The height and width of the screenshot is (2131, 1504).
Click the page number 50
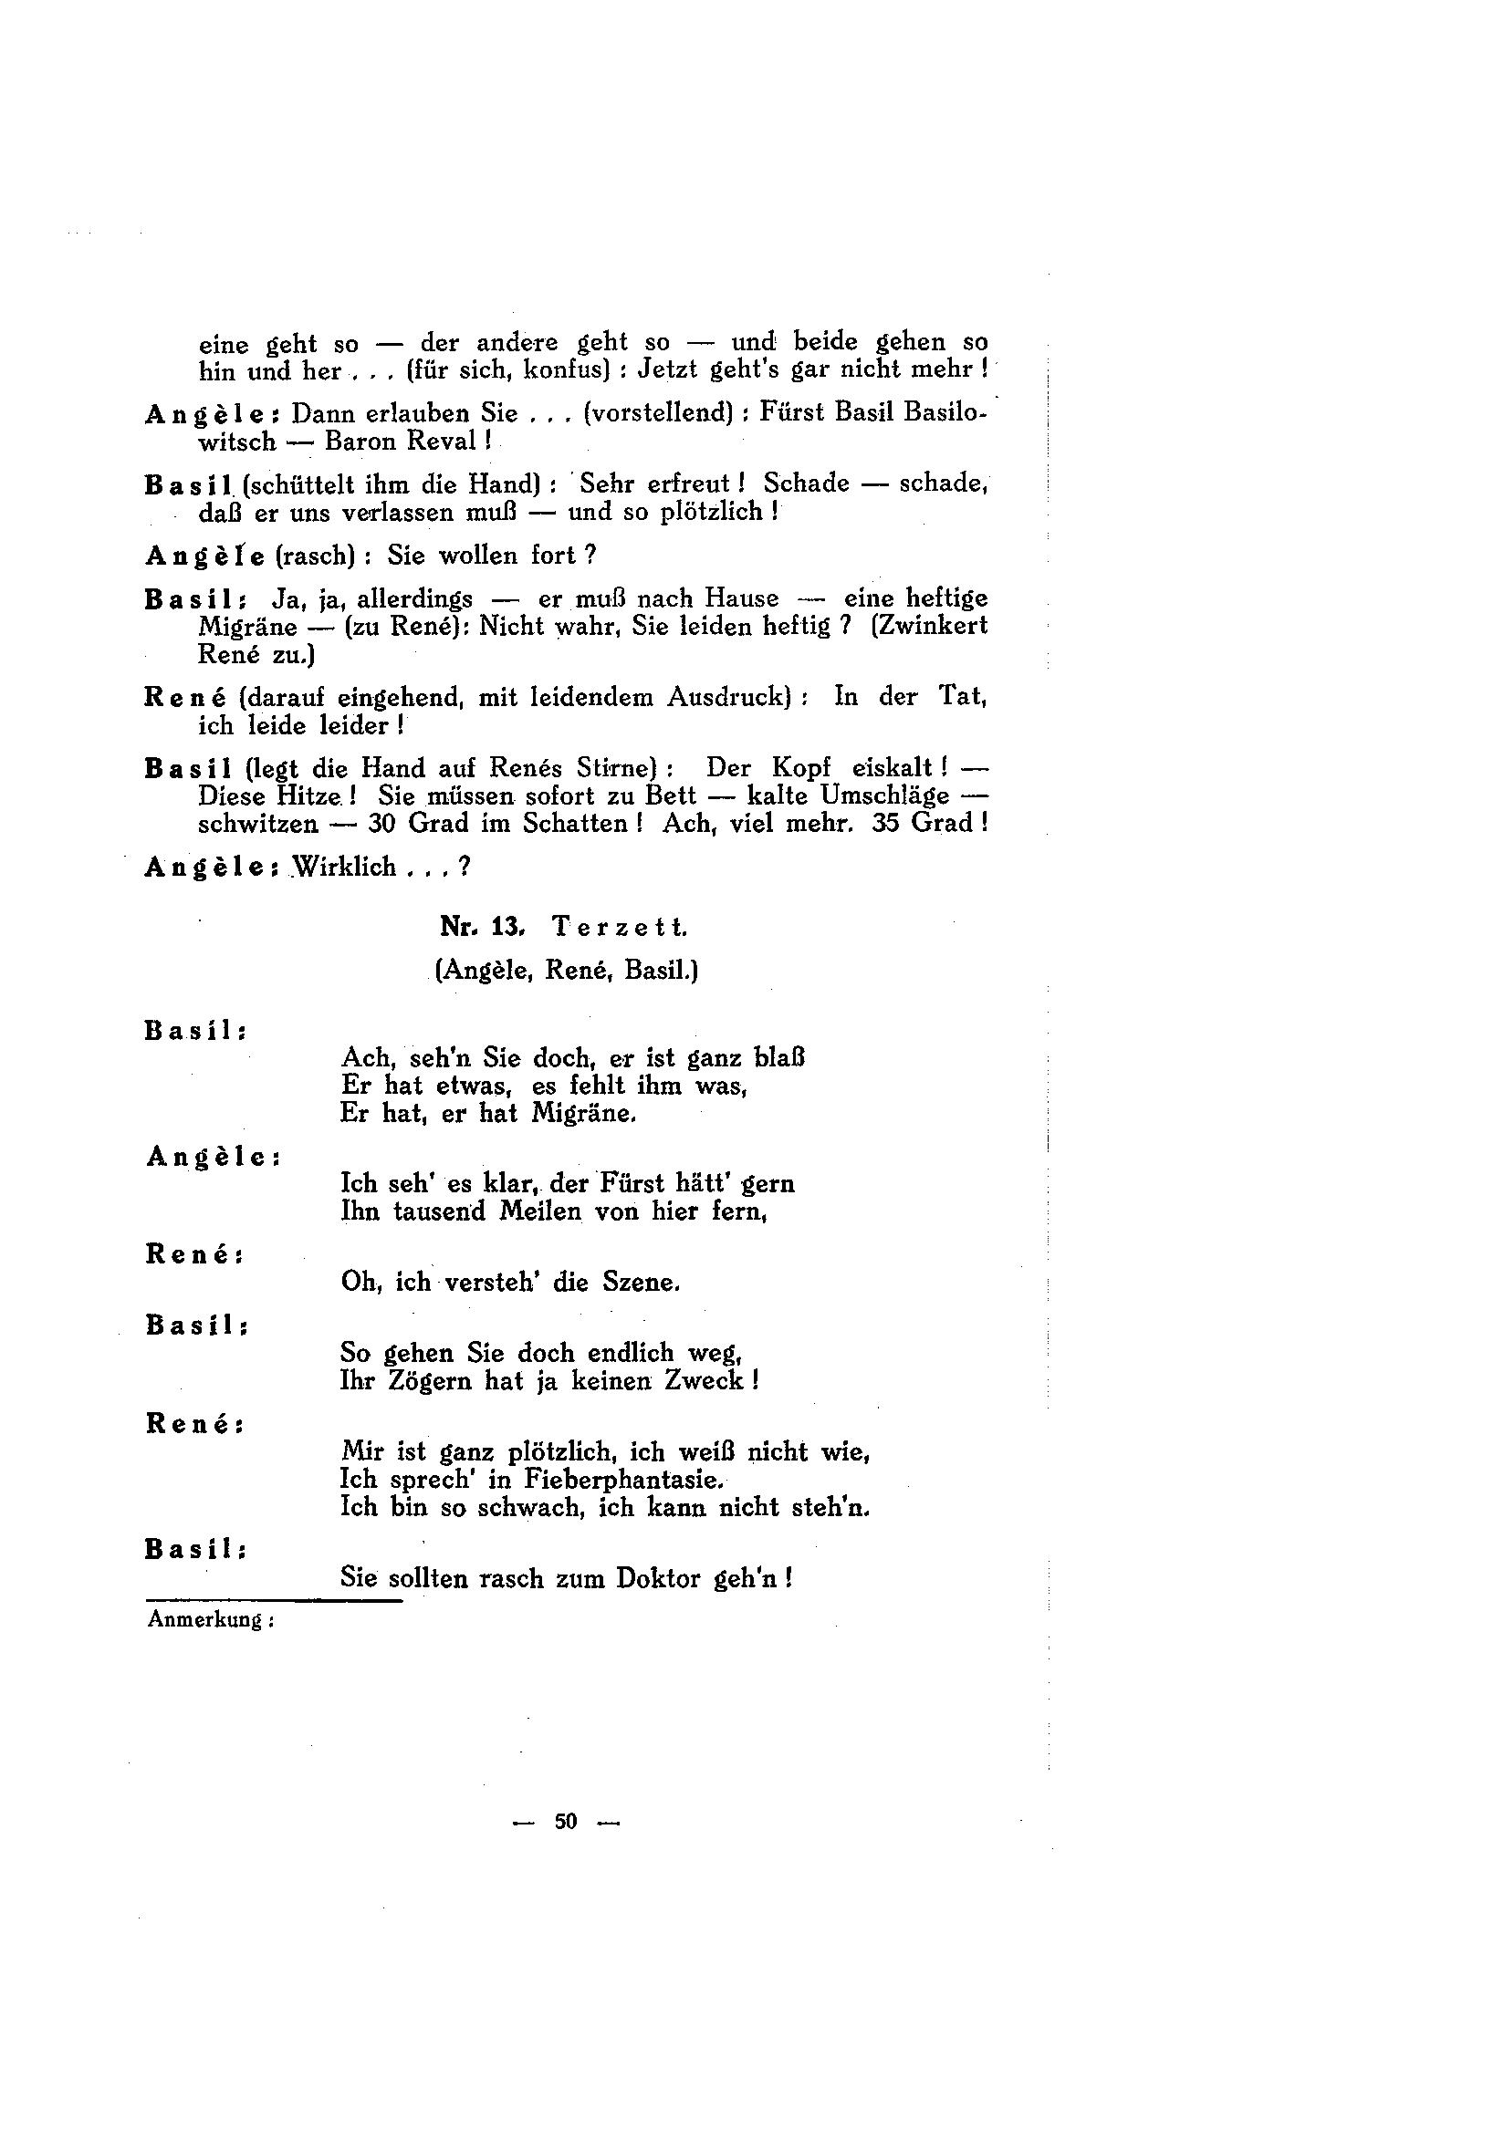coord(566,1821)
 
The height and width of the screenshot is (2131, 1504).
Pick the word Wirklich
coord(345,867)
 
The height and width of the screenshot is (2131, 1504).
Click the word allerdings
coord(415,598)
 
